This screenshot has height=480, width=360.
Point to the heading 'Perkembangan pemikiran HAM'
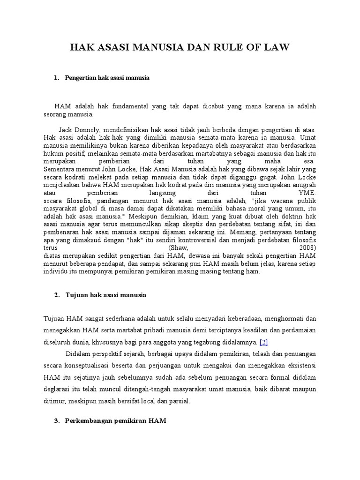coord(116,421)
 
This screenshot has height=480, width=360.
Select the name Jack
coord(67,130)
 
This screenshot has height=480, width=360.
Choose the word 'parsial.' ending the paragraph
coord(180,402)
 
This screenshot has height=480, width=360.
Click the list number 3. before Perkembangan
coord(57,421)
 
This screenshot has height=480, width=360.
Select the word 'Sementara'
coord(59,169)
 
